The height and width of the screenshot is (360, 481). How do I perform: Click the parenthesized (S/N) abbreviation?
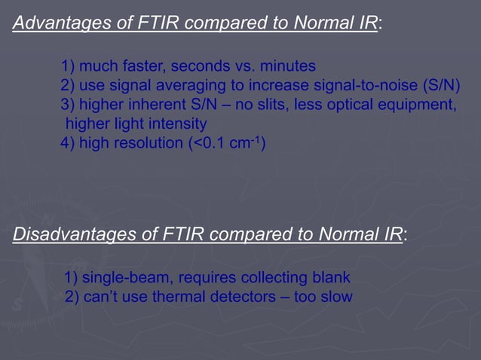pyautogui.click(x=440, y=84)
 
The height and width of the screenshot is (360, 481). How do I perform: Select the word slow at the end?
pyautogui.click(x=336, y=297)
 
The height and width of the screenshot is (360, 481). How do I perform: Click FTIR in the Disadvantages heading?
pyautogui.click(x=183, y=234)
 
